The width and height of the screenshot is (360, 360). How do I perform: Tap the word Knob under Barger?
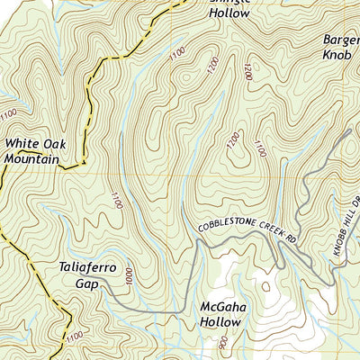coord(340,54)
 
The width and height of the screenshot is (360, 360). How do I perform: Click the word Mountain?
coord(31,159)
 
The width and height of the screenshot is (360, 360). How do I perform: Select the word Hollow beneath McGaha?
coord(220,321)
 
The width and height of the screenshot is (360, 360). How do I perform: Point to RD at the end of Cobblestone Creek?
coord(292,238)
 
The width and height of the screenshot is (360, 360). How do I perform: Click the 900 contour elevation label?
coord(222,343)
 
